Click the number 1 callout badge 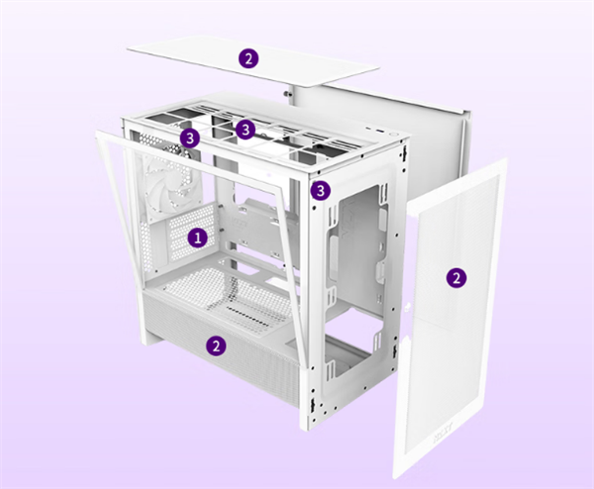[198, 239]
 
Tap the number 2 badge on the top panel [248, 58]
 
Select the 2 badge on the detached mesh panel [456, 278]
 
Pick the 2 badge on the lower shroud [216, 345]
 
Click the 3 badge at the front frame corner [321, 190]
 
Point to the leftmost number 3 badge [190, 138]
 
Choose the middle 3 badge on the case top [246, 130]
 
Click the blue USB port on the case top [379, 131]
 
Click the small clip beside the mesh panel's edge [408, 307]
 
